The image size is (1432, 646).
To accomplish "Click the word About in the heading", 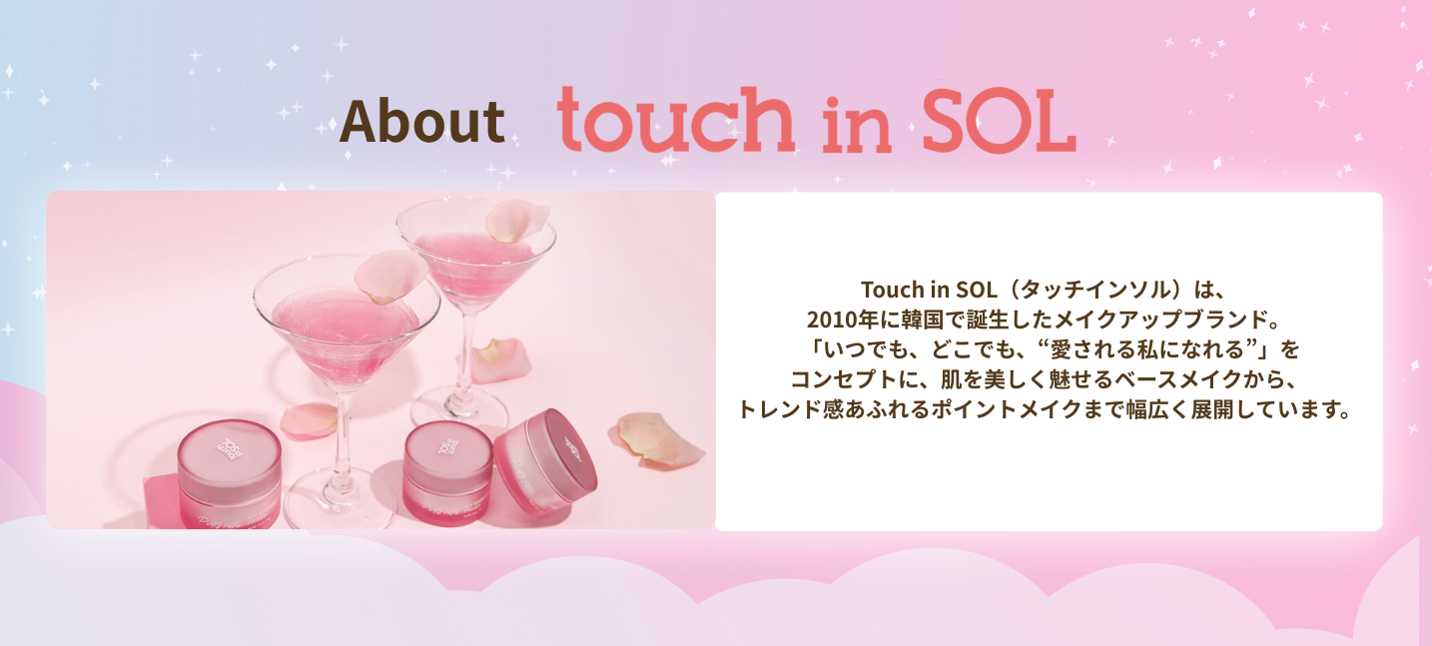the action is tap(422, 122).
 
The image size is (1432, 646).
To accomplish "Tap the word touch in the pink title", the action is tap(675, 119).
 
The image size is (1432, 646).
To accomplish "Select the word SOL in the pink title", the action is tap(999, 120).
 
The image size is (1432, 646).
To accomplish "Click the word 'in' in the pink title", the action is tap(857, 125).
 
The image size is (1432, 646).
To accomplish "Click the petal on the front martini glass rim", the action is tap(390, 276).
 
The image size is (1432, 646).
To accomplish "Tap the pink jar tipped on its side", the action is tap(544, 461).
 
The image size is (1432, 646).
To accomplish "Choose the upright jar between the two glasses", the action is tap(448, 473).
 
